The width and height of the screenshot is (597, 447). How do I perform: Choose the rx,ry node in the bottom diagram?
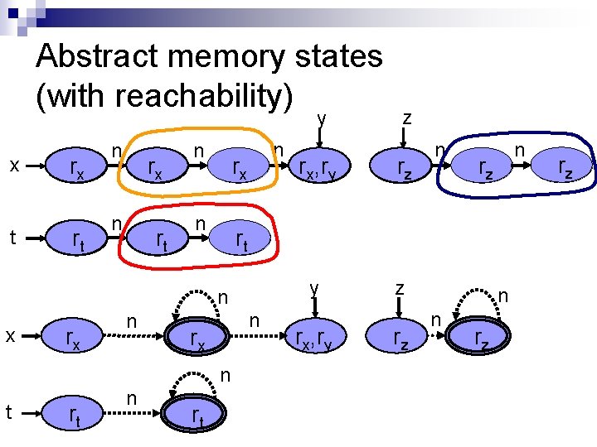[x=314, y=338]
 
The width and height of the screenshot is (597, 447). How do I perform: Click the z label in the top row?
[x=407, y=118]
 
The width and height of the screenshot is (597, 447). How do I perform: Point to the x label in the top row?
[x=14, y=166]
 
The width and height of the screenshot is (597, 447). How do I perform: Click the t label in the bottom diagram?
[x=9, y=411]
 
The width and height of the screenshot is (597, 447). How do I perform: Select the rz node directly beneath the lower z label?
[x=400, y=338]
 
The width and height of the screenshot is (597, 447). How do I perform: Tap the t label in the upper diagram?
[x=12, y=238]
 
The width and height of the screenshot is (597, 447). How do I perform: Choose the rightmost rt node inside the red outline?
[x=241, y=240]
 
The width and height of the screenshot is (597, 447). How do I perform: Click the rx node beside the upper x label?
[x=76, y=170]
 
